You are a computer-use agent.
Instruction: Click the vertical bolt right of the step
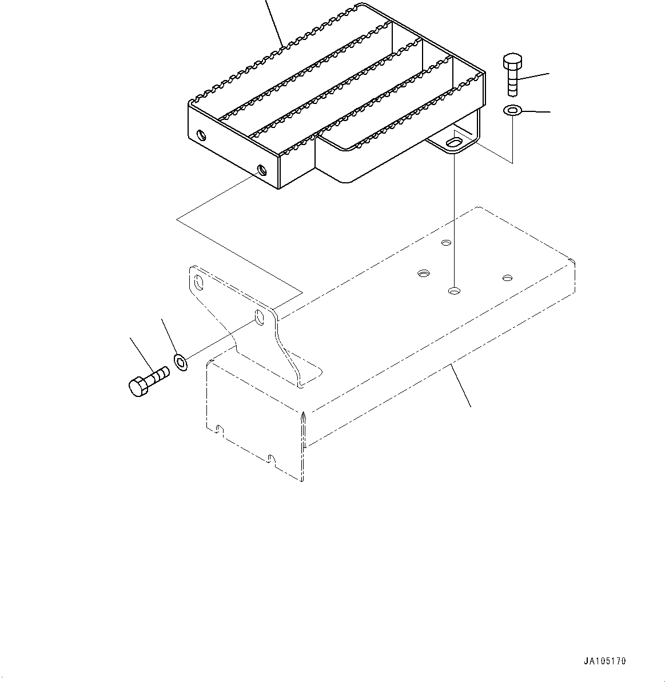pos(511,76)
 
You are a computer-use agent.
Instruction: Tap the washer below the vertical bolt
pos(512,110)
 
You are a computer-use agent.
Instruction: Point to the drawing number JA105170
pos(604,661)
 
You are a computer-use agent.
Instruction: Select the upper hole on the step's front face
pos(201,135)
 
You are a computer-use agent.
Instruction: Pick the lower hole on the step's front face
pos(262,170)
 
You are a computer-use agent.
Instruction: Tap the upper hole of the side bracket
pos(198,282)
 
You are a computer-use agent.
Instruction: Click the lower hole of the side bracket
pos(260,318)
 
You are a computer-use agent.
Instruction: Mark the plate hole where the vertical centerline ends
pos(453,291)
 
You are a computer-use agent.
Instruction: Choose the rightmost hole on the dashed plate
pos(507,278)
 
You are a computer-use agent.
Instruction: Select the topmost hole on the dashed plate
pos(446,243)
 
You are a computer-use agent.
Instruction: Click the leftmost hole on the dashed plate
pos(423,274)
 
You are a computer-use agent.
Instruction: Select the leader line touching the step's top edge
pos(275,23)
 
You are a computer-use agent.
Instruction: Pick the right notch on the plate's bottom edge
pos(271,458)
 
